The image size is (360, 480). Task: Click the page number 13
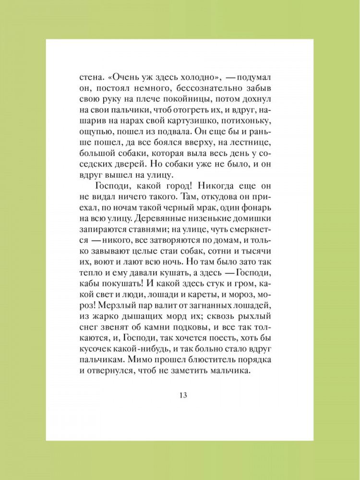coord(182,396)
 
